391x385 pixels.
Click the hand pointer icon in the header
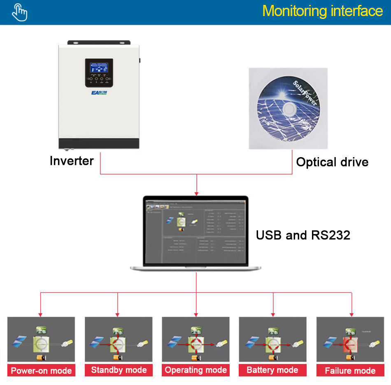pyautogui.click(x=19, y=12)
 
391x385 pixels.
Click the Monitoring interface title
pyautogui.click(x=322, y=11)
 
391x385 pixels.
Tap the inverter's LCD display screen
pyautogui.click(x=99, y=68)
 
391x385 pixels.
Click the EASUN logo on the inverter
pyautogui.click(x=99, y=93)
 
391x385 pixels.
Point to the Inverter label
pyautogui.click(x=72, y=161)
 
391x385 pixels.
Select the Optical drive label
pyautogui.click(x=332, y=162)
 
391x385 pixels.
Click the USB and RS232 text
pyautogui.click(x=303, y=235)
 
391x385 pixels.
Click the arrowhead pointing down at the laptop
pyautogui.click(x=197, y=192)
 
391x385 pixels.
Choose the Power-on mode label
pyautogui.click(x=41, y=371)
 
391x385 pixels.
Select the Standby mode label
pyautogui.click(x=119, y=370)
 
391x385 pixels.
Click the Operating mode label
pyautogui.click(x=195, y=370)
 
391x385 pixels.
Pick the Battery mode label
pyautogui.click(x=272, y=370)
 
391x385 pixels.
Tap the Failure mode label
pyautogui.click(x=350, y=371)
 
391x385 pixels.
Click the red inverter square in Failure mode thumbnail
pyautogui.click(x=349, y=343)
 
